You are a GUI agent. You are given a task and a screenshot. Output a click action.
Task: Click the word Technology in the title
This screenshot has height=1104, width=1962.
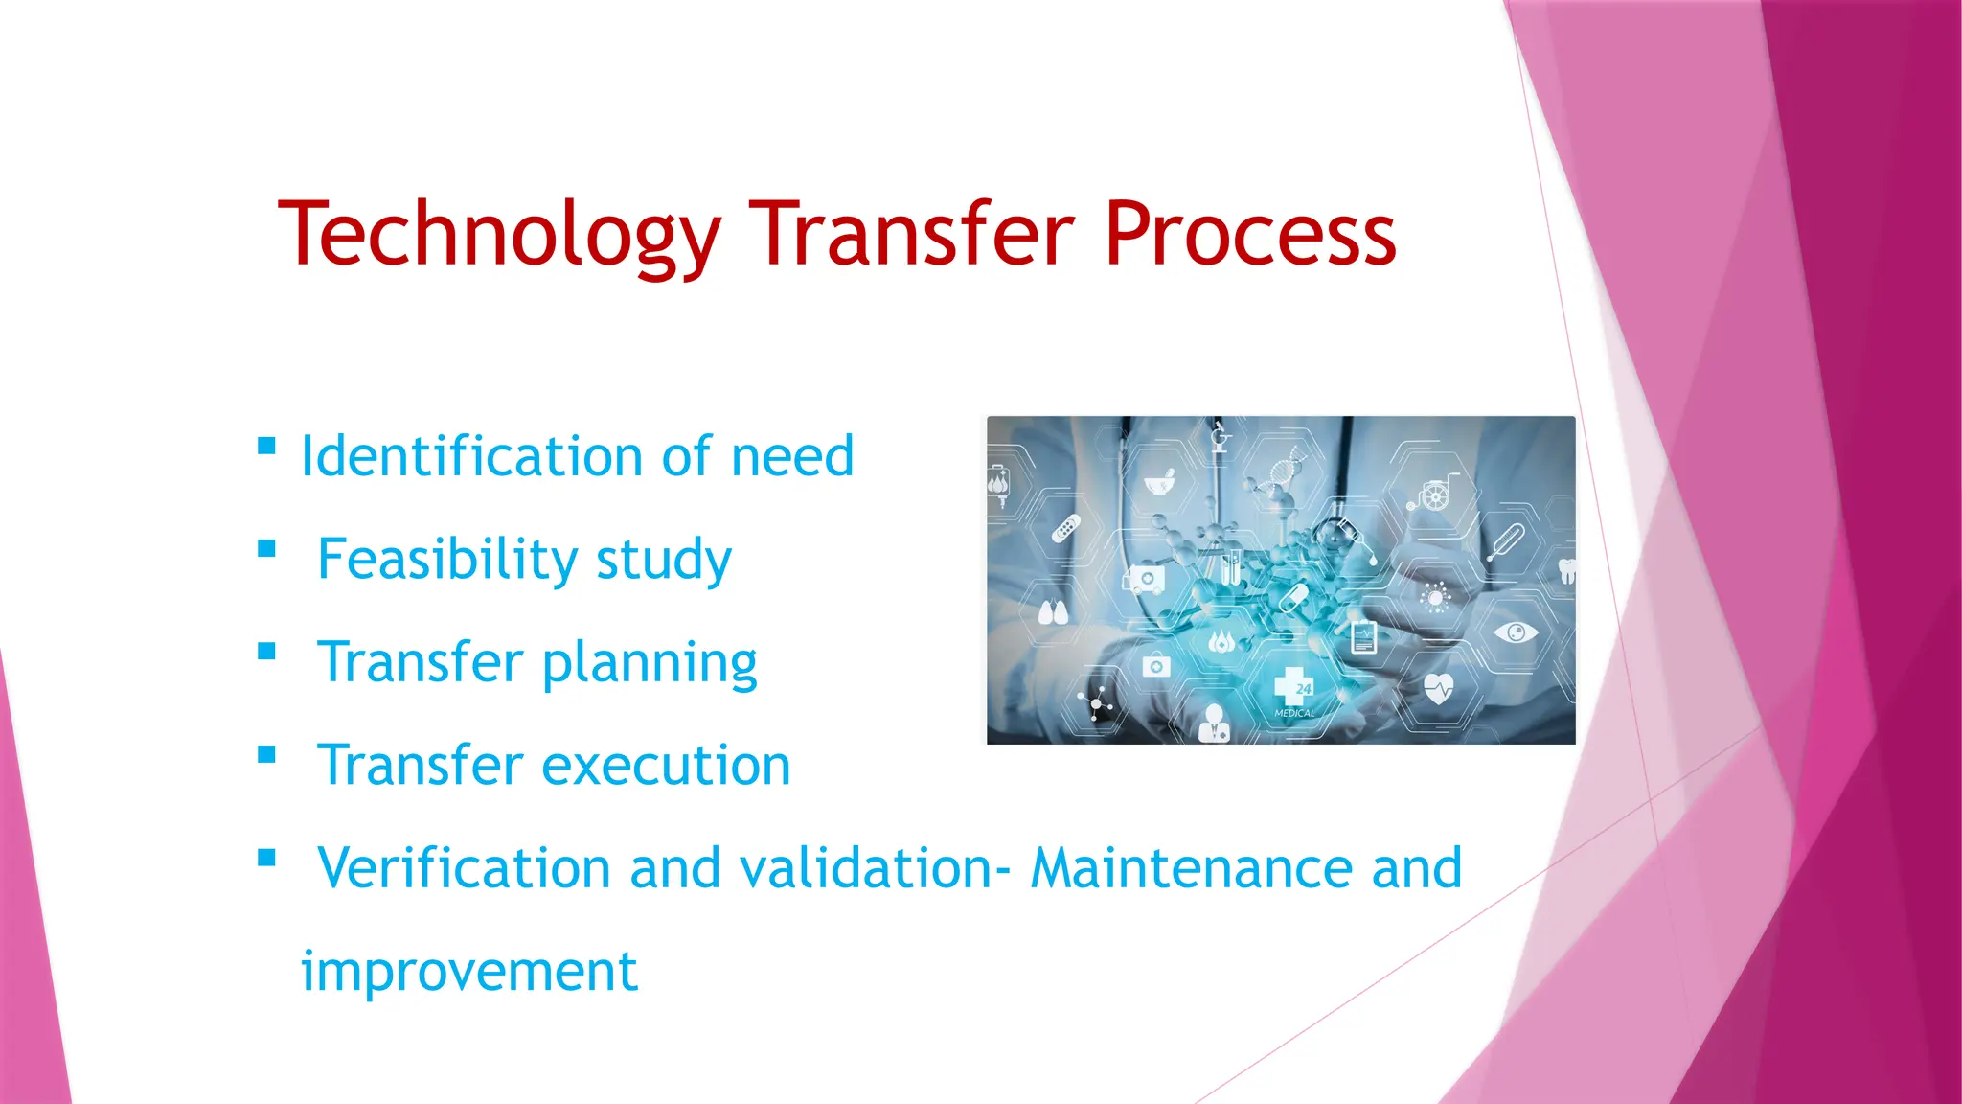click(x=498, y=235)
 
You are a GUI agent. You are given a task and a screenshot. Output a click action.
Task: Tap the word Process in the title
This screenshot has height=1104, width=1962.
click(x=1249, y=235)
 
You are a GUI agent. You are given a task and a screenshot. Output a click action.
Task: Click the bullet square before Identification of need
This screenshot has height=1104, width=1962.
click(x=267, y=447)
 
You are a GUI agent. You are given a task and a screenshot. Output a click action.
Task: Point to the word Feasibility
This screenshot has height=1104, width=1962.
click(x=446, y=559)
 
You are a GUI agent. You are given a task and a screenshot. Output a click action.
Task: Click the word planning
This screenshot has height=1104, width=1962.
click(x=650, y=663)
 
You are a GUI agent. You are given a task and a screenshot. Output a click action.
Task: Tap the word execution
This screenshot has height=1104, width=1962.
click(x=666, y=766)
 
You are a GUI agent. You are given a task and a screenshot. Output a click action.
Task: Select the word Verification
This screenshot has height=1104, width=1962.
click(x=464, y=868)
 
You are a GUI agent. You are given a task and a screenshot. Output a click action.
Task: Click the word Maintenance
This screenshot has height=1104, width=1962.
click(x=1193, y=868)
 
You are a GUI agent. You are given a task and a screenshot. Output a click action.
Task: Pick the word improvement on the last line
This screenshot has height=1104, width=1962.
click(x=468, y=972)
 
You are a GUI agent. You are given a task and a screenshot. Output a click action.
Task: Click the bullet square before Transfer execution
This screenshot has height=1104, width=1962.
click(x=267, y=755)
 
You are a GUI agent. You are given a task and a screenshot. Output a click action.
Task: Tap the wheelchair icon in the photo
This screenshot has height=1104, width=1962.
click(x=1434, y=494)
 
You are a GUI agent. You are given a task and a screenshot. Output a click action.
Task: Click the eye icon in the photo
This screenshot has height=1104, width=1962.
click(x=1516, y=632)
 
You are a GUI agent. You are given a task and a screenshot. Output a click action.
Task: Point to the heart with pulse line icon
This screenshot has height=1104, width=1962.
click(x=1438, y=688)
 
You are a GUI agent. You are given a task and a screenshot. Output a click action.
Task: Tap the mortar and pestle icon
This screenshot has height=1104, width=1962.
click(x=1161, y=482)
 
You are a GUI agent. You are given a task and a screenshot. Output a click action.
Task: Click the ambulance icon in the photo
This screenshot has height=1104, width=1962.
click(x=1144, y=579)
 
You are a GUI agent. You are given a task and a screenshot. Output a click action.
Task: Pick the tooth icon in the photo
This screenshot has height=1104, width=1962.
click(x=1567, y=571)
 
